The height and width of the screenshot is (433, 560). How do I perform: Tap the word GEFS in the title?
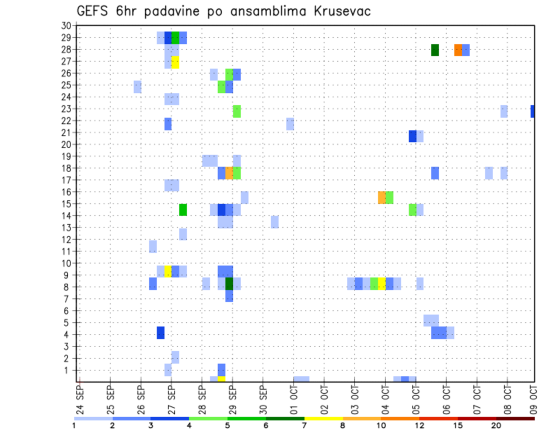coord(93,11)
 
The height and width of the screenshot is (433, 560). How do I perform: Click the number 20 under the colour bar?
coord(496,425)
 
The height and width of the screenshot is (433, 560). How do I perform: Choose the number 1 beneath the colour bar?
coord(74,425)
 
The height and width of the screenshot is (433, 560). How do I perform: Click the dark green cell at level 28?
coord(435,50)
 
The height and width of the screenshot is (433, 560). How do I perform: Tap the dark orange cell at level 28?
coord(458,50)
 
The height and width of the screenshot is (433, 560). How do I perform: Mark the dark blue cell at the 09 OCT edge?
coord(533,111)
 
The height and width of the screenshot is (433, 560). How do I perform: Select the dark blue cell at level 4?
coord(160,333)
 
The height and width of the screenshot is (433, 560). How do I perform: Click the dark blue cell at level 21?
coord(412,136)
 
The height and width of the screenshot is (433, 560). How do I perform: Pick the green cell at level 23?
coord(237,111)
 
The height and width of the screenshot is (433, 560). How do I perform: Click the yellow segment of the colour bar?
coord(324,418)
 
